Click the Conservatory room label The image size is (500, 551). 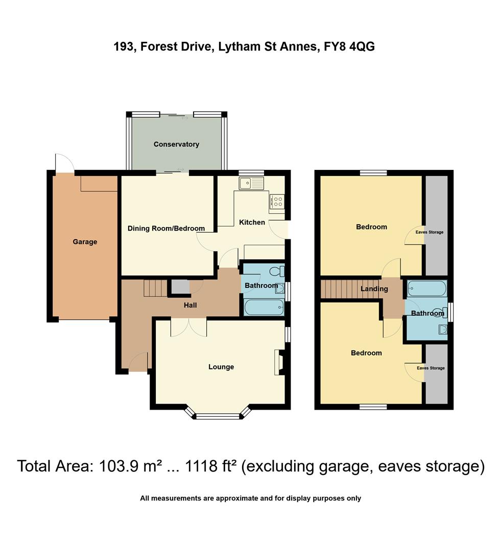176,144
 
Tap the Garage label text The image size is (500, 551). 85,242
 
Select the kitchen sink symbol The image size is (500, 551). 251,183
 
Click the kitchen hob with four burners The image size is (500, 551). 277,202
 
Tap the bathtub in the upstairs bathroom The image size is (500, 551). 426,289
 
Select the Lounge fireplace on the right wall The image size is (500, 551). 279,362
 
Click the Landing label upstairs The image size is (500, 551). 374,289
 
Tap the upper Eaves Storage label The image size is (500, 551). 430,232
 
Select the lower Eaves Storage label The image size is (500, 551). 431,368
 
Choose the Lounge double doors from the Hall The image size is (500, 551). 188,327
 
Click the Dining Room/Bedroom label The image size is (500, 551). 166,229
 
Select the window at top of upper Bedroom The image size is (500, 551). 373,173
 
